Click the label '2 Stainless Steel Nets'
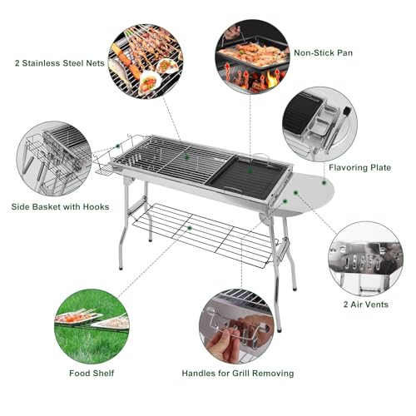coord(60,63)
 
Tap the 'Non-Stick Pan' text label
coord(324,52)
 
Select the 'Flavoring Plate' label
coord(359,167)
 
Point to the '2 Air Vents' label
coord(366,305)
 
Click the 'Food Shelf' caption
coord(92,373)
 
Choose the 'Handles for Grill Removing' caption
coord(238,373)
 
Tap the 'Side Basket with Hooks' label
coord(60,206)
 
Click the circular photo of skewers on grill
coord(146,62)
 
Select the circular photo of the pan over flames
coord(252,57)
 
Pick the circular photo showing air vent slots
coord(366,259)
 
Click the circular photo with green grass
coord(92,326)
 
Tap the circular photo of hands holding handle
coord(236,326)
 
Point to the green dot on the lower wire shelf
coord(190,228)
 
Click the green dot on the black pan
coord(250,171)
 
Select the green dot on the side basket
coord(117,146)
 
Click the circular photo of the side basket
coord(54,159)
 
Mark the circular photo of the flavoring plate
coord(319,124)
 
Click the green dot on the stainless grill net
coord(187,157)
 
